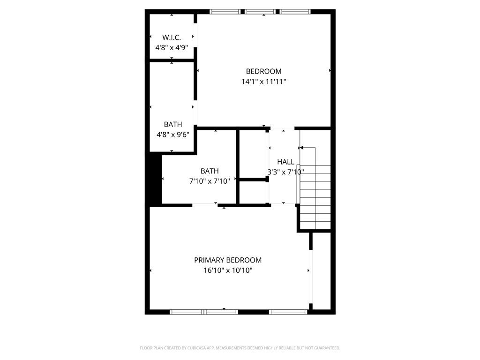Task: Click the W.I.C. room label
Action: click(x=172, y=37)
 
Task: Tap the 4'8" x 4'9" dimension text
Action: click(x=172, y=47)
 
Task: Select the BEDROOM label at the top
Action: click(x=264, y=71)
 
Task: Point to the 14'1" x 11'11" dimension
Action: click(x=264, y=82)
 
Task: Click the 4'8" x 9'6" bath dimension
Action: click(x=173, y=135)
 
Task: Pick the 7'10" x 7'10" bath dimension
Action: click(x=209, y=181)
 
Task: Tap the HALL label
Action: click(x=285, y=162)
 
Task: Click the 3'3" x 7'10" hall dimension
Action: click(x=285, y=172)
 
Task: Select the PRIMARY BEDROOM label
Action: click(x=228, y=260)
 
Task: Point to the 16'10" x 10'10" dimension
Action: click(x=228, y=270)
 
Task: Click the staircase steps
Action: click(x=315, y=197)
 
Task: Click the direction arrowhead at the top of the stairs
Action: click(x=301, y=148)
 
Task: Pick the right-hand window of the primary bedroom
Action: click(x=288, y=311)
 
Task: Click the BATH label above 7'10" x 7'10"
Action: click(x=209, y=171)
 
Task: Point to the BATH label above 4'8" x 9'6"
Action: click(x=173, y=124)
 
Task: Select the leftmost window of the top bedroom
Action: click(x=225, y=12)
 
